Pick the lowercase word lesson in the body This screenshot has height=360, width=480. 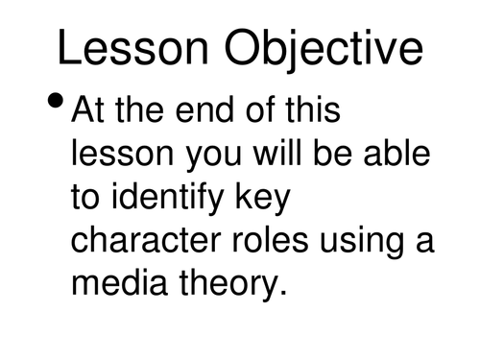(119, 157)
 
